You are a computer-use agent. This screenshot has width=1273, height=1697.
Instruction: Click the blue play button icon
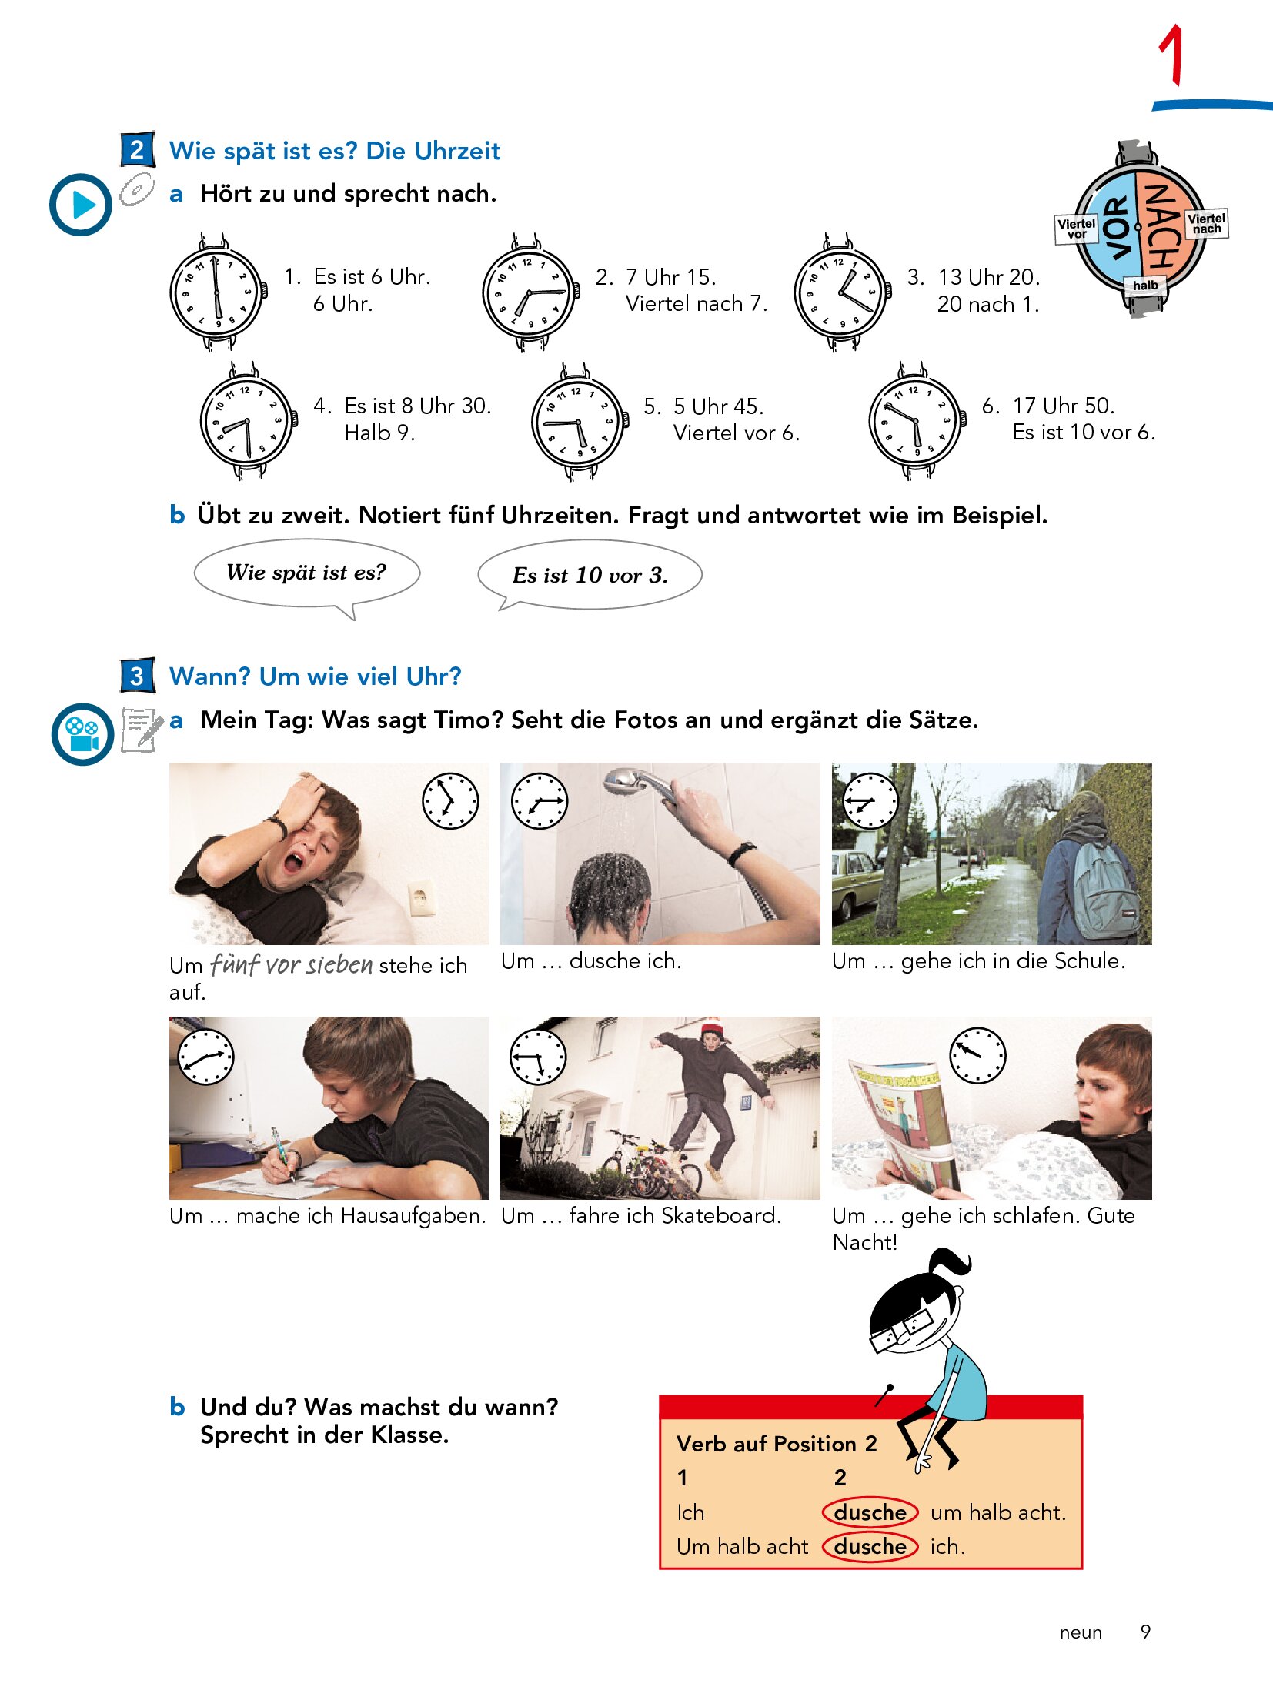[81, 205]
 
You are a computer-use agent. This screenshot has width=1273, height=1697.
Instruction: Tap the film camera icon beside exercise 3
[82, 734]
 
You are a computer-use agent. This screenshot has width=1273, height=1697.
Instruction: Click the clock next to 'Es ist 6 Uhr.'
[219, 292]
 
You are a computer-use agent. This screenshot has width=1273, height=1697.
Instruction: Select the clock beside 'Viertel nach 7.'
[530, 292]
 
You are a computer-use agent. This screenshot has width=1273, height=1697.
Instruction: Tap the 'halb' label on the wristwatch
[1145, 286]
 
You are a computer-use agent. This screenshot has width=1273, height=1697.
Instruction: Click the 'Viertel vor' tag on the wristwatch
[1076, 229]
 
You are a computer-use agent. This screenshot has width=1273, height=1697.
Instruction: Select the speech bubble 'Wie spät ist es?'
[307, 574]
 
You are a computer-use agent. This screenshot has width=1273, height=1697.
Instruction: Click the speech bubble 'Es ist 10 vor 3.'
[590, 575]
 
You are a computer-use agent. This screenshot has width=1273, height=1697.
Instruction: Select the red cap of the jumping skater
[712, 1027]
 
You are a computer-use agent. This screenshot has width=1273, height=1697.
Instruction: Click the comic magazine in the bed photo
[900, 1125]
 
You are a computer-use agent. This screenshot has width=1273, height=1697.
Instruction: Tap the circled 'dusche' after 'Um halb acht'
[870, 1546]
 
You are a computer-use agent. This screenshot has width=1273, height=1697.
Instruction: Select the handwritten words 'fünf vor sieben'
[292, 964]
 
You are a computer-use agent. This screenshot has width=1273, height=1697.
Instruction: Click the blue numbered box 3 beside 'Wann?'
[137, 676]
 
